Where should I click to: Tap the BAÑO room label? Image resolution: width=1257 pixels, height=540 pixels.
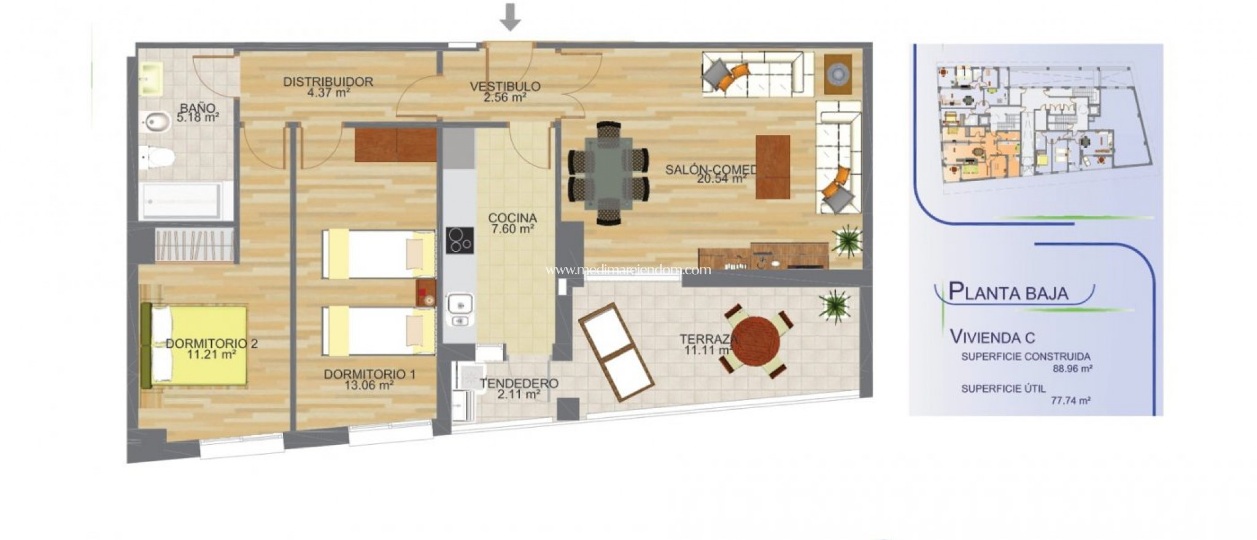198,107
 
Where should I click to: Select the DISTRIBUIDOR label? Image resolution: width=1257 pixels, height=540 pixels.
328,82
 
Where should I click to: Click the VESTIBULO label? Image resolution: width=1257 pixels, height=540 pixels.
505,87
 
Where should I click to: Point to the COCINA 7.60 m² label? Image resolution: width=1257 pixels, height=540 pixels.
512,223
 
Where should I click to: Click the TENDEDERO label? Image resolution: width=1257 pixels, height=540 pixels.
519,384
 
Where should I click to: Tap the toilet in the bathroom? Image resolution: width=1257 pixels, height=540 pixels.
157,158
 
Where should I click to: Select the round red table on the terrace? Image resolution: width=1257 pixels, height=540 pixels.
756,341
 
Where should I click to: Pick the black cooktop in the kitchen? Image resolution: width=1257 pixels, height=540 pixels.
460,240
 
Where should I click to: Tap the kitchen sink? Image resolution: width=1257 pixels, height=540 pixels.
459,304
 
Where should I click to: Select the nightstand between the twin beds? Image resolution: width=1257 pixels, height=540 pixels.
425,293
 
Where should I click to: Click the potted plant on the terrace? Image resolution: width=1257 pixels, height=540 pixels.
834,305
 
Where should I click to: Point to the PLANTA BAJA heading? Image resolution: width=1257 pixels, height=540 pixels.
1008,292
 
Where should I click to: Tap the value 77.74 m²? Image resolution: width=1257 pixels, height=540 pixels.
1070,401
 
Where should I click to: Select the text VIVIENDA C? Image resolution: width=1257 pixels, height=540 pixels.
992,337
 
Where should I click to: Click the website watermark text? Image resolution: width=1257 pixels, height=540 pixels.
628,270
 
